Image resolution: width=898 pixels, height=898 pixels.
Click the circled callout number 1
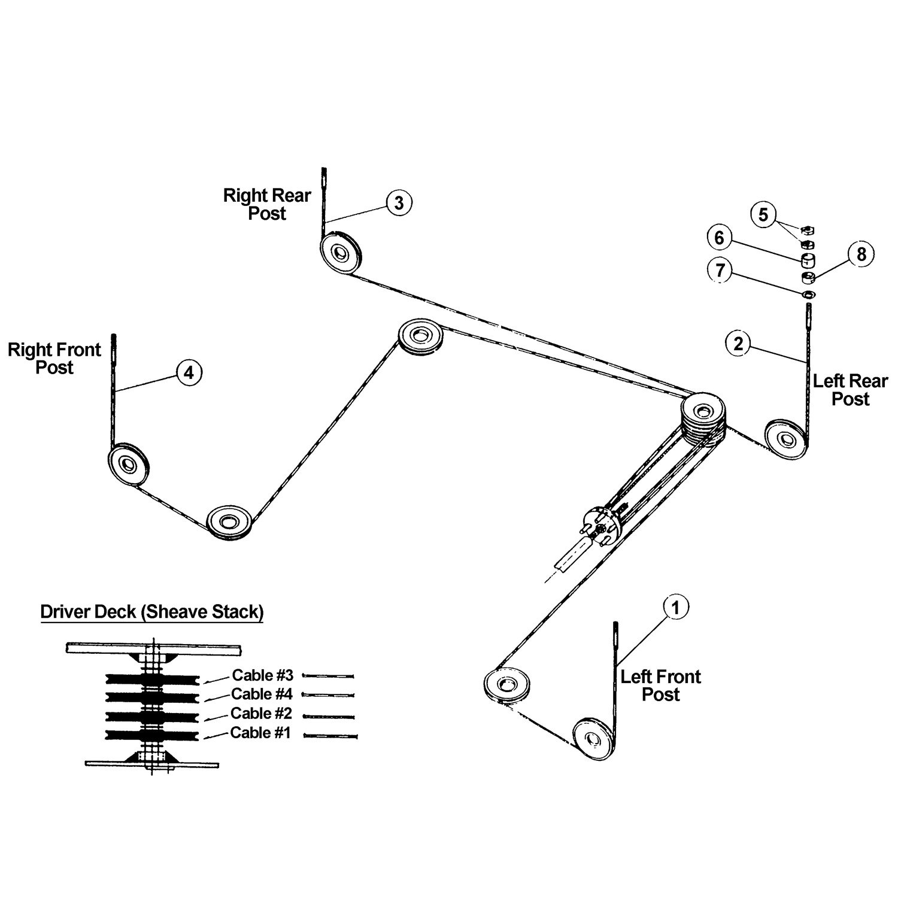[676, 608]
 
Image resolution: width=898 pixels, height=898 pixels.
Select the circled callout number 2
[738, 344]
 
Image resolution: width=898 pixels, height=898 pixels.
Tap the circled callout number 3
[399, 203]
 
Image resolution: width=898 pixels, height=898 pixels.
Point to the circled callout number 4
[189, 373]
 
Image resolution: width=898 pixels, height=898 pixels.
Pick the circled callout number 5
[763, 214]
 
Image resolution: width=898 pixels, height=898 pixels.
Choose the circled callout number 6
[719, 238]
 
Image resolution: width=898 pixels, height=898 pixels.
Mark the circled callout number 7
[720, 271]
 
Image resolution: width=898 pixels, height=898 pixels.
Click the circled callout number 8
[861, 254]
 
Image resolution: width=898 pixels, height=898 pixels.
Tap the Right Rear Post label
[267, 204]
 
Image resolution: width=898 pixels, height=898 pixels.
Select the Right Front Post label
[54, 359]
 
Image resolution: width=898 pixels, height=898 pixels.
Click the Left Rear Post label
[850, 390]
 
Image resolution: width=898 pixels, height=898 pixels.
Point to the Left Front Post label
[660, 685]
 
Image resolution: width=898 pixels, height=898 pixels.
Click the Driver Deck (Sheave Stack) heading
[152, 612]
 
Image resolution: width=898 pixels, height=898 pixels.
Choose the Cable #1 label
[260, 732]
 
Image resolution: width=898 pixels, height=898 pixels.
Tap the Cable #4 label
[262, 694]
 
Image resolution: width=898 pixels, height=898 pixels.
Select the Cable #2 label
[261, 713]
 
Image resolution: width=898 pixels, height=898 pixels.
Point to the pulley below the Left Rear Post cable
[785, 438]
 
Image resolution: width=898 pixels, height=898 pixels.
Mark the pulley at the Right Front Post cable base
[128, 463]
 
